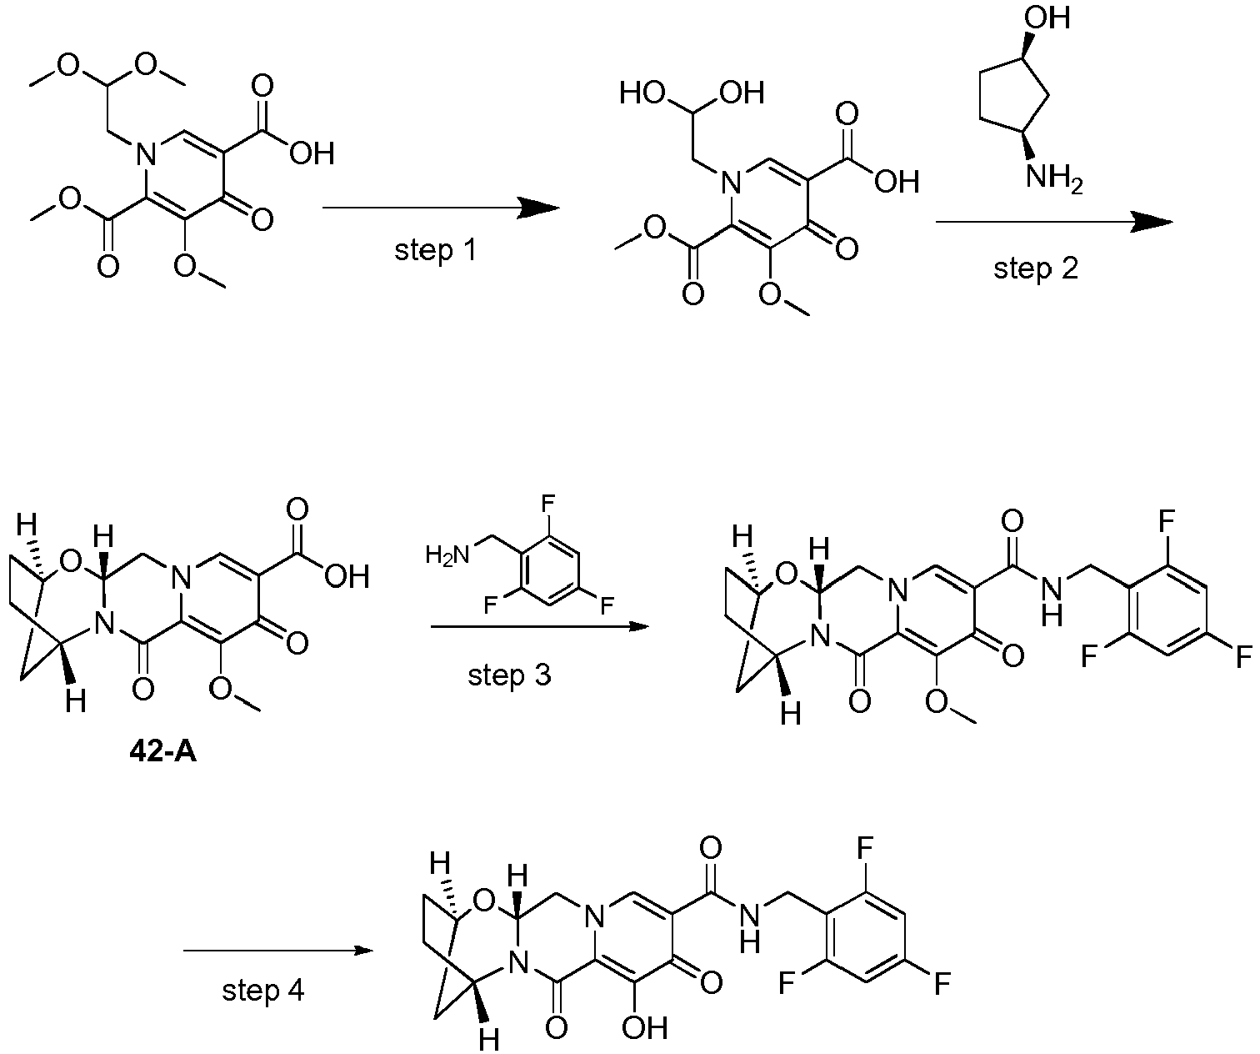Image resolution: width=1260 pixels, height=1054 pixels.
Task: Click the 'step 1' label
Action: (436, 250)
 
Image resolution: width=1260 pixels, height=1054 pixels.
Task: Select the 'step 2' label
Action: (1036, 269)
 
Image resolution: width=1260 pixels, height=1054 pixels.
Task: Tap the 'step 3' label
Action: (509, 675)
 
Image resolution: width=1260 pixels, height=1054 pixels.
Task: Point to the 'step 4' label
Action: (263, 991)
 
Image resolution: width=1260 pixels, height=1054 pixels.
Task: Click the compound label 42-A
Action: (163, 753)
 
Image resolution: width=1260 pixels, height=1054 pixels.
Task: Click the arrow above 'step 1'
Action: (442, 208)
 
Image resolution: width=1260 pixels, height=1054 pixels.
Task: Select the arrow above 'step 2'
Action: (1054, 222)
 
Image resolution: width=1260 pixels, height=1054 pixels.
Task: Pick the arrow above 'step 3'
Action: (540, 626)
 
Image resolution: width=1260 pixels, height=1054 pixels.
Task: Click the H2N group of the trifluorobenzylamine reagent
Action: (447, 555)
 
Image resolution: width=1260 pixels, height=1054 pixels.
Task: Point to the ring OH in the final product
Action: (644, 1027)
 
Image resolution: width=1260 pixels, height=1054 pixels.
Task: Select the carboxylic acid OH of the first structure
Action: (312, 153)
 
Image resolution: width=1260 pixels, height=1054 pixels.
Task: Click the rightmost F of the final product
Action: (942, 983)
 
